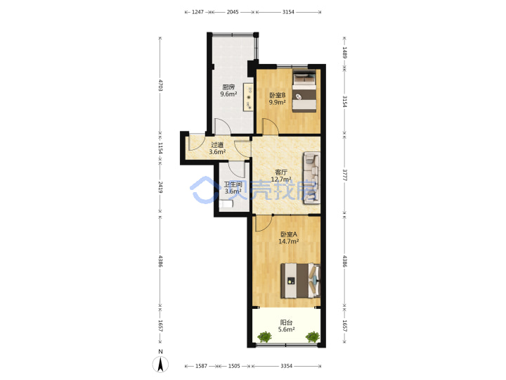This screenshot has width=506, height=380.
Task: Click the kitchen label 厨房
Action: click(x=228, y=87)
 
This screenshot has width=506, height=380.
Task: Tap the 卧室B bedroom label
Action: click(x=278, y=95)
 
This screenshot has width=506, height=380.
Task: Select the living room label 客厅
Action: click(x=281, y=172)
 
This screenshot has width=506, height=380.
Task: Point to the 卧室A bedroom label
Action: click(x=289, y=234)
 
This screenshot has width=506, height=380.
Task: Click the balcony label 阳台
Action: click(x=286, y=322)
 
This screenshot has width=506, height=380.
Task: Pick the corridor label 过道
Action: click(x=217, y=145)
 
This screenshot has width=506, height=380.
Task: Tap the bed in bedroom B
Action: click(x=304, y=91)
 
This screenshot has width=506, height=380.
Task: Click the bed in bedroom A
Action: click(x=301, y=281)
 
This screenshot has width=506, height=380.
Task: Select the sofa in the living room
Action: click(x=311, y=178)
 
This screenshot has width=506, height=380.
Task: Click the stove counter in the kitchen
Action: click(x=248, y=97)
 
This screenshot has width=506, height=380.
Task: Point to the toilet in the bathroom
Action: click(x=226, y=204)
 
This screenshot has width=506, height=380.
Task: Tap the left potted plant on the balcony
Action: click(x=265, y=336)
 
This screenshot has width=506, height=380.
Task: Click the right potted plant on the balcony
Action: click(x=312, y=336)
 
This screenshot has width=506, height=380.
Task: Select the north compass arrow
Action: click(x=160, y=365)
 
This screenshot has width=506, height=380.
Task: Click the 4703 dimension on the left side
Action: click(x=160, y=85)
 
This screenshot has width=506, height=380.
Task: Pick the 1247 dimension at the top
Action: click(x=197, y=12)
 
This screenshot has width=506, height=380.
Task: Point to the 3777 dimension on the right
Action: click(x=344, y=175)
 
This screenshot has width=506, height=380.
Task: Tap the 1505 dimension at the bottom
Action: click(x=234, y=366)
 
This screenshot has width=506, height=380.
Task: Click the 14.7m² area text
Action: click(x=289, y=241)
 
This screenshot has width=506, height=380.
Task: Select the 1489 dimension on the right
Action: click(x=344, y=53)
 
